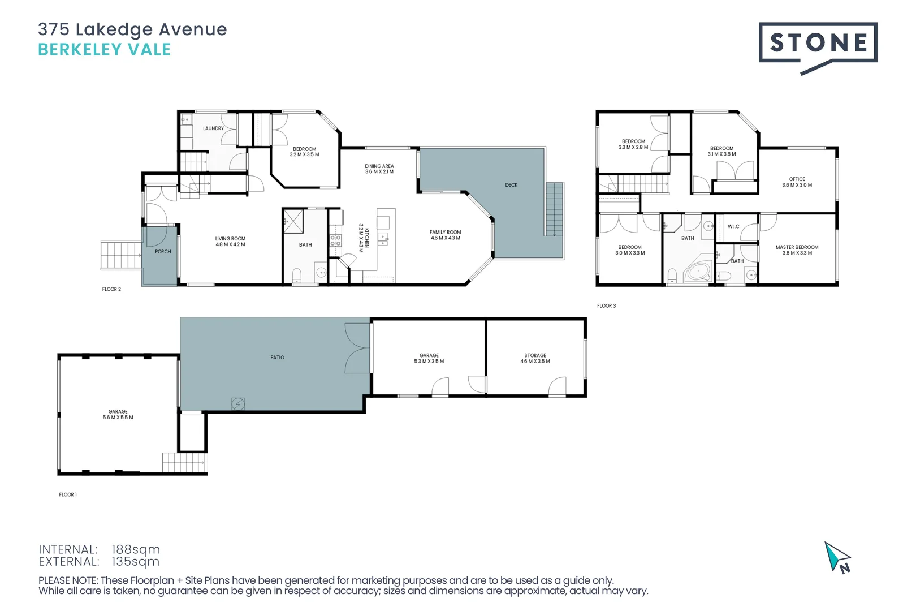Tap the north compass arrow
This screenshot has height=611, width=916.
pyautogui.click(x=837, y=557)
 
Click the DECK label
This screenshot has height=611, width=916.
pyautogui.click(x=511, y=185)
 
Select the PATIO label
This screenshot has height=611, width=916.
pyautogui.click(x=277, y=358)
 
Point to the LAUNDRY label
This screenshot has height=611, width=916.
pyautogui.click(x=213, y=128)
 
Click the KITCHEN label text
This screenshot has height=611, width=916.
pyautogui.click(x=366, y=238)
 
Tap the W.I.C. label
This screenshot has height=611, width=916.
pyautogui.click(x=733, y=226)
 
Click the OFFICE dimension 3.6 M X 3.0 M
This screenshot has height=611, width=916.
pyautogui.click(x=797, y=185)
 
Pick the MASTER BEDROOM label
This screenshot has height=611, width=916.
pyautogui.click(x=797, y=247)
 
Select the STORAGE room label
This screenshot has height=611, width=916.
pyautogui.click(x=535, y=355)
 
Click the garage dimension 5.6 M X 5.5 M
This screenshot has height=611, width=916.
pyautogui.click(x=118, y=418)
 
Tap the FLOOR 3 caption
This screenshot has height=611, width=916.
pyautogui.click(x=606, y=306)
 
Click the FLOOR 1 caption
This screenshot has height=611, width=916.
pyautogui.click(x=68, y=494)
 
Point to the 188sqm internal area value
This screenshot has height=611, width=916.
pyautogui.click(x=136, y=549)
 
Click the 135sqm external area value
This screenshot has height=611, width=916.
pyautogui.click(x=135, y=562)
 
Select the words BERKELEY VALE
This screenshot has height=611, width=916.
pyautogui.click(x=104, y=50)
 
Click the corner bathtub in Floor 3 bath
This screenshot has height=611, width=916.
pyautogui.click(x=699, y=272)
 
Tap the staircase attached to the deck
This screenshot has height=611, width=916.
pyautogui.click(x=554, y=209)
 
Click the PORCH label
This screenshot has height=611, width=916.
pyautogui.click(x=163, y=252)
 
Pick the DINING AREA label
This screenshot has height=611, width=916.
pyautogui.click(x=379, y=166)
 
